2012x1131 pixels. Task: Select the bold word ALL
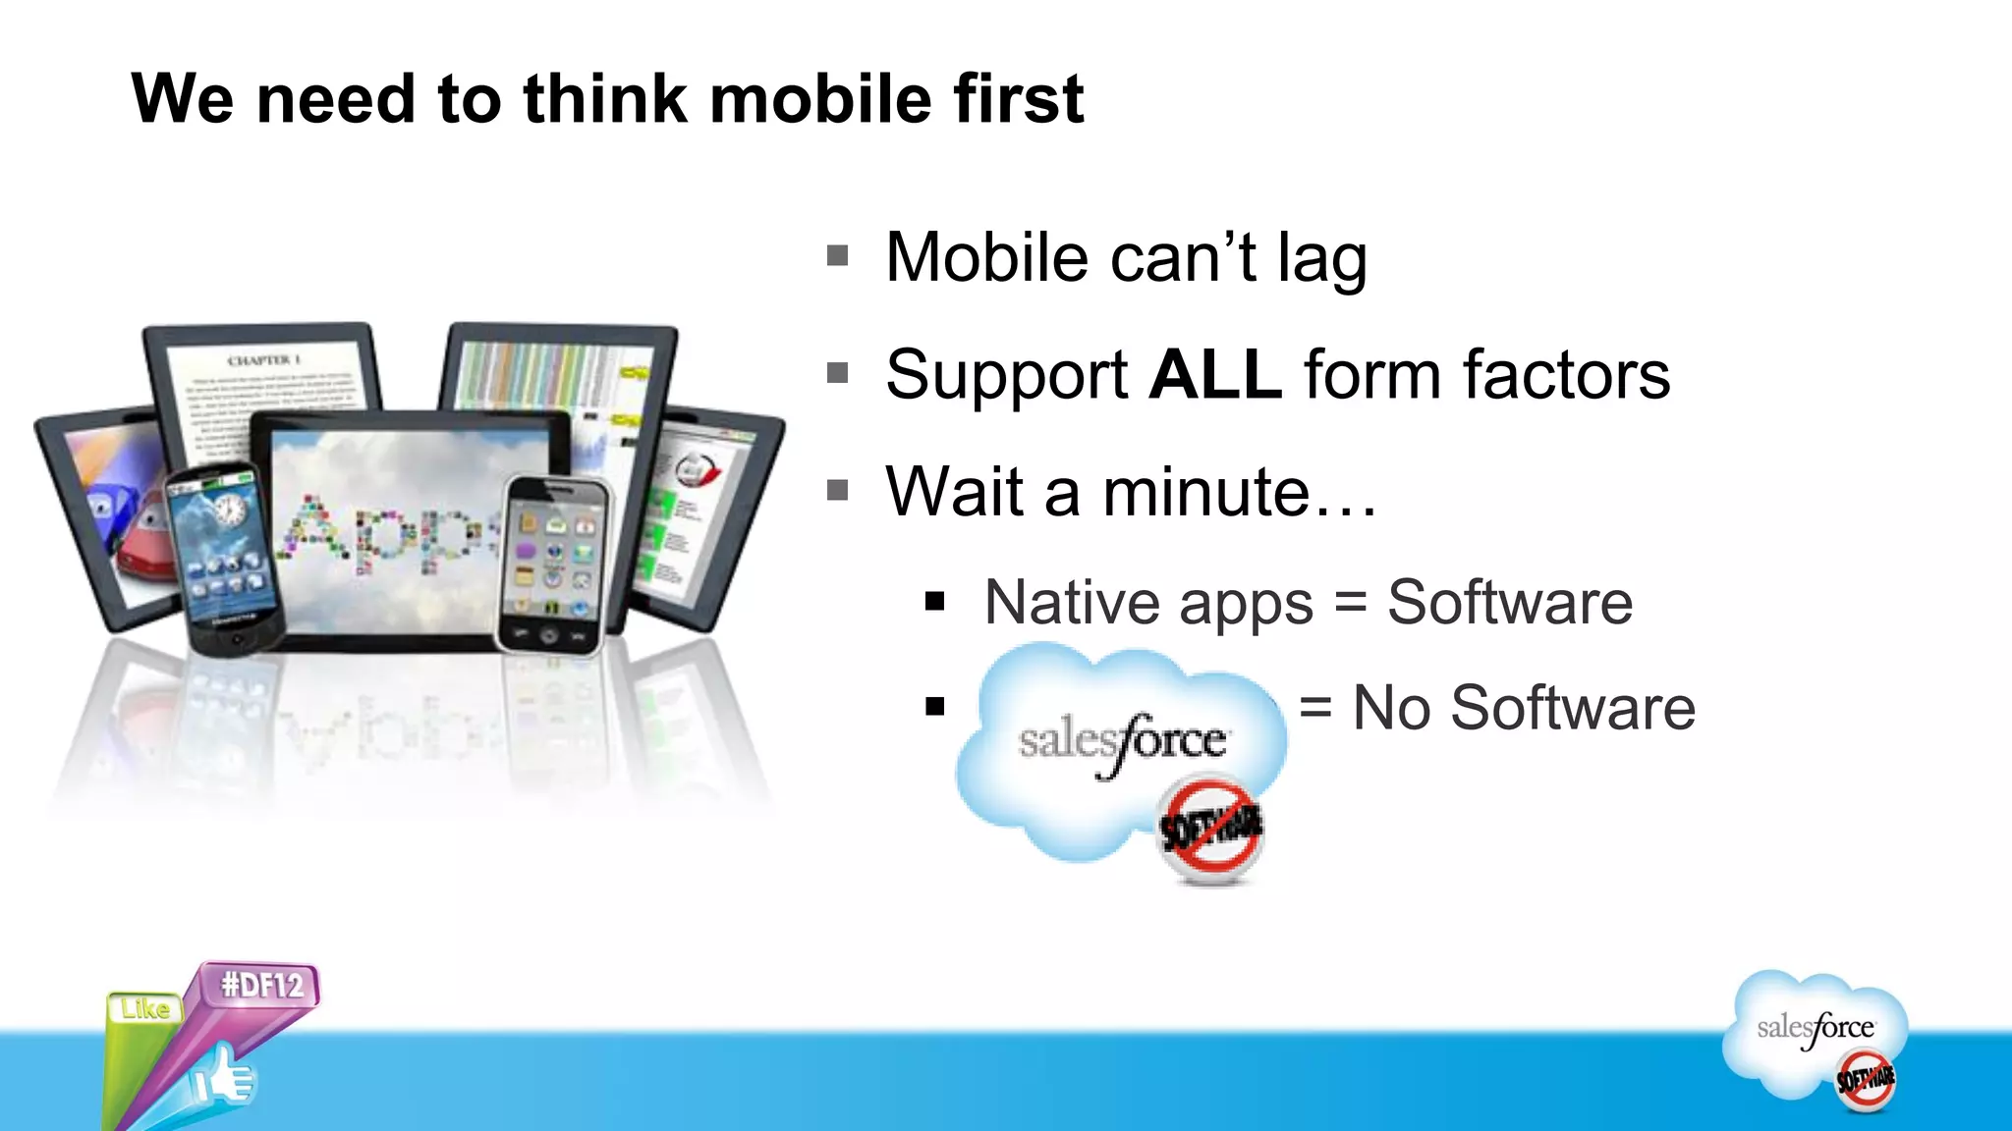pos(1214,375)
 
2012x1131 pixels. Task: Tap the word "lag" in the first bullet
pos(1321,259)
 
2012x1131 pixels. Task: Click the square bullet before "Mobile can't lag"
pos(838,257)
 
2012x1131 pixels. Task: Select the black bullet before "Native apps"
pos(934,602)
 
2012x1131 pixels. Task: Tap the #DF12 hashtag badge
pos(262,985)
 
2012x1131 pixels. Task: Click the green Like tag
pos(145,1009)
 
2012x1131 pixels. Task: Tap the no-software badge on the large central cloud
pos(1210,829)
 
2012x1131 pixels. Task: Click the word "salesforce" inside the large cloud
pos(1122,741)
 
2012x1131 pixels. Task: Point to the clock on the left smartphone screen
pos(230,511)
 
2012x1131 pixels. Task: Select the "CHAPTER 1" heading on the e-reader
pos(264,360)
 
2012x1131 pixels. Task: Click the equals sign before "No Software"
pos(1315,707)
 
